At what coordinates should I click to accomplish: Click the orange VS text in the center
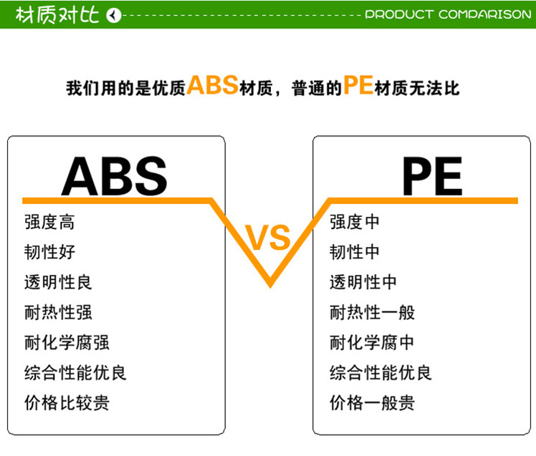tap(268, 238)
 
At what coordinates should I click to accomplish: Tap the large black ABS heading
tap(115, 176)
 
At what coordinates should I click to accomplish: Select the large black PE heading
tap(432, 176)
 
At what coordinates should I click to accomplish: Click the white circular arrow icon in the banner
tap(113, 15)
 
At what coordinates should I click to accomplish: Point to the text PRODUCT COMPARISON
tap(448, 14)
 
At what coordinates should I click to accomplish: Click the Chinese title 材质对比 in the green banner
tap(57, 15)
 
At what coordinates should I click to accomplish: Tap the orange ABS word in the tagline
tap(212, 84)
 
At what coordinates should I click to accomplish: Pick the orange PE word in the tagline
tap(358, 84)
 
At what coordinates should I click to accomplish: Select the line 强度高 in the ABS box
tap(49, 222)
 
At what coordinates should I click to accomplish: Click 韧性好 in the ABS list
tap(49, 252)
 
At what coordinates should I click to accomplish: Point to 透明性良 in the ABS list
tap(58, 282)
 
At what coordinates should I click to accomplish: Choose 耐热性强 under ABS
tap(58, 312)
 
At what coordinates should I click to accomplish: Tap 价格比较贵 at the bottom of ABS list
tap(67, 403)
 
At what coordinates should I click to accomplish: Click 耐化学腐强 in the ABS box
tap(67, 342)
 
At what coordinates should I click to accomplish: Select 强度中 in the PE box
tap(355, 222)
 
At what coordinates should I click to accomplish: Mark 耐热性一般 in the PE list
tap(372, 312)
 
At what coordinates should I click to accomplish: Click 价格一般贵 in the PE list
tap(372, 403)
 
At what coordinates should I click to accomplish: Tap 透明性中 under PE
tap(363, 282)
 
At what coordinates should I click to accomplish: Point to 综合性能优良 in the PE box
tap(381, 372)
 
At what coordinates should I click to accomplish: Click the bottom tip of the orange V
tap(270, 287)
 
